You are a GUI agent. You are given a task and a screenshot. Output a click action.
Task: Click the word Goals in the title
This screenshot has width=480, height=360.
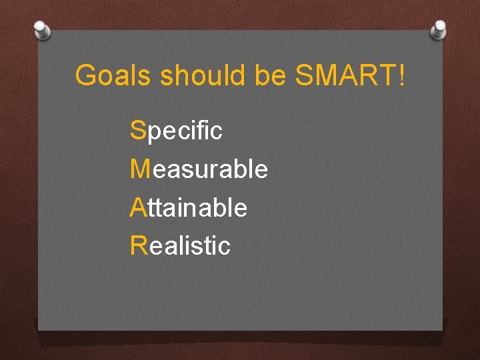(114, 76)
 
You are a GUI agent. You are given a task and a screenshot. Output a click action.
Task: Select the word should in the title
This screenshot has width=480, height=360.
(203, 76)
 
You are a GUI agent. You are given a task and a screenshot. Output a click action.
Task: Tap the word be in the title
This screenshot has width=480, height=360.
(270, 76)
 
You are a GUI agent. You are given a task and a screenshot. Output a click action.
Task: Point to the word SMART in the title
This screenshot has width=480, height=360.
(343, 76)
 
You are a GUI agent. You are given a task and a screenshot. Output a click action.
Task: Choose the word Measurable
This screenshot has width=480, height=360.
(199, 169)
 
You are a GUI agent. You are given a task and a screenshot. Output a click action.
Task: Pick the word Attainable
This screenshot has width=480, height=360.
(189, 208)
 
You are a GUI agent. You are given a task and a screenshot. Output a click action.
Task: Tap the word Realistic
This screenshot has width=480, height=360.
(181, 246)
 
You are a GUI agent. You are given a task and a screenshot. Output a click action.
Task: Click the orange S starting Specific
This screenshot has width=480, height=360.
(138, 131)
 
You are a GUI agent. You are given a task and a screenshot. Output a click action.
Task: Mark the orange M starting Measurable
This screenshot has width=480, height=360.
(141, 169)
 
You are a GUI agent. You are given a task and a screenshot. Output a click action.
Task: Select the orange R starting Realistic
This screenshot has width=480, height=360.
(139, 246)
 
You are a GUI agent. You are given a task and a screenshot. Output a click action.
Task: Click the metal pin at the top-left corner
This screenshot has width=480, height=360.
(41, 29)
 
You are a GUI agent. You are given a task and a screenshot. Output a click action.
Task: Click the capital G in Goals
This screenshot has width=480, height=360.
(85, 76)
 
